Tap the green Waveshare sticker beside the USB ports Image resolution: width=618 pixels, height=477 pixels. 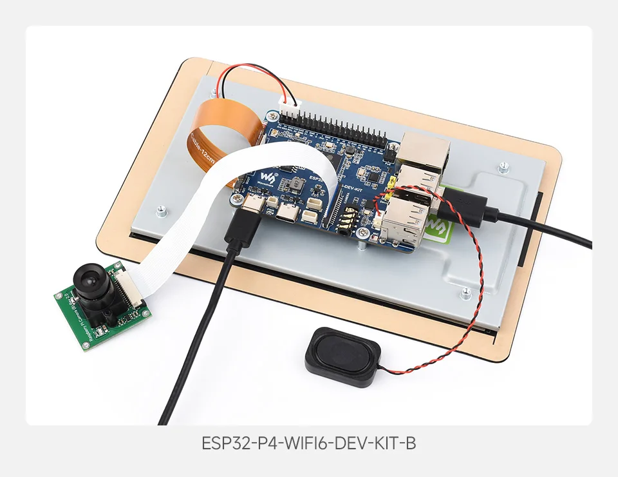(437, 226)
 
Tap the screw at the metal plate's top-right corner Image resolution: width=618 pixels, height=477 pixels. (503, 167)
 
